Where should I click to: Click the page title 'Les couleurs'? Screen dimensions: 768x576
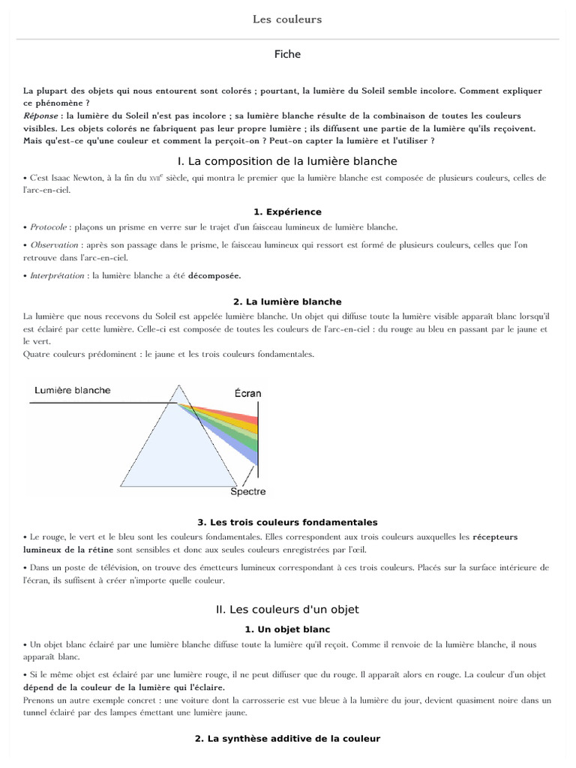(x=287, y=19)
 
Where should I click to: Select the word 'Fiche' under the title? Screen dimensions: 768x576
(x=287, y=54)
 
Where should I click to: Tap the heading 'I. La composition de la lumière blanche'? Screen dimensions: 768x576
(x=287, y=161)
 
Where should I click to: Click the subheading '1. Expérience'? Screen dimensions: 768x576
(x=287, y=212)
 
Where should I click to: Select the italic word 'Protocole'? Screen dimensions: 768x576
(x=49, y=227)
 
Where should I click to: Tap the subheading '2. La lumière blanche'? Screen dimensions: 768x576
(x=287, y=301)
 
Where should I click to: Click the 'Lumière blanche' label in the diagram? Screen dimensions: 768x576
(x=73, y=390)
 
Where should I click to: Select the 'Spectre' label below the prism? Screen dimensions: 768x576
(x=247, y=492)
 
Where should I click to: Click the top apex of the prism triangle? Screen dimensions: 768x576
(x=178, y=386)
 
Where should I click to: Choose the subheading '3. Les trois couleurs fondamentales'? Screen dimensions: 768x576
(x=287, y=522)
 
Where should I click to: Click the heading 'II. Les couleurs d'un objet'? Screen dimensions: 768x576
(x=287, y=609)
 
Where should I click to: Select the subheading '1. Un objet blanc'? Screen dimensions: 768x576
(x=287, y=629)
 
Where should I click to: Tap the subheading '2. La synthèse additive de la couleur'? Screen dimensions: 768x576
(x=287, y=739)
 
